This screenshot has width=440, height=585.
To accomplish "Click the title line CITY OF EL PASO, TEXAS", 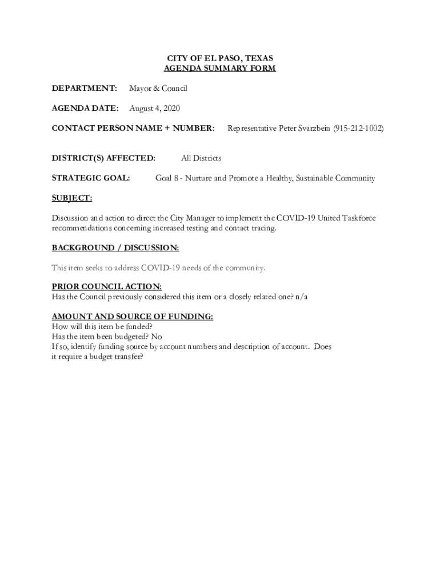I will pyautogui.click(x=220, y=58).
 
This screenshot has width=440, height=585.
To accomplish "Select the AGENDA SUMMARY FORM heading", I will pyautogui.click(x=220, y=69).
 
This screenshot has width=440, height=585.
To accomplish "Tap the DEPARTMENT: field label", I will pyautogui.click(x=85, y=89).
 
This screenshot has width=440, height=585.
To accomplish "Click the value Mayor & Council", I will pyautogui.click(x=158, y=89).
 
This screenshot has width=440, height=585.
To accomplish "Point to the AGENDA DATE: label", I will pyautogui.click(x=85, y=109).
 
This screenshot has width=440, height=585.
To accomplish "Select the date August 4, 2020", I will pyautogui.click(x=155, y=109).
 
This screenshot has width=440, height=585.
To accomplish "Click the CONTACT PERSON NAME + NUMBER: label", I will pyautogui.click(x=133, y=129).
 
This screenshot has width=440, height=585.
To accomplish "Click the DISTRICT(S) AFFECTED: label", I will pyautogui.click(x=103, y=158).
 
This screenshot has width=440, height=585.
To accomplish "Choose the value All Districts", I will pyautogui.click(x=201, y=158).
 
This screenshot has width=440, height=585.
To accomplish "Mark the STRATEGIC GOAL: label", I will pyautogui.click(x=91, y=178).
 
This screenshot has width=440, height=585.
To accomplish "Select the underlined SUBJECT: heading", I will pyautogui.click(x=72, y=198).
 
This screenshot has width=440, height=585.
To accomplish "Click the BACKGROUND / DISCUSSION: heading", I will pyautogui.click(x=115, y=248).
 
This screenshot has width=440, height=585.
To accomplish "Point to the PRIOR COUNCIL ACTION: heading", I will pyautogui.click(x=107, y=287).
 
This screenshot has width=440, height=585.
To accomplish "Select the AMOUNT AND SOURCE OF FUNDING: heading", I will pyautogui.click(x=133, y=316).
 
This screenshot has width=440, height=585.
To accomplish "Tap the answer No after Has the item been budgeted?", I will pyautogui.click(x=157, y=337).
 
